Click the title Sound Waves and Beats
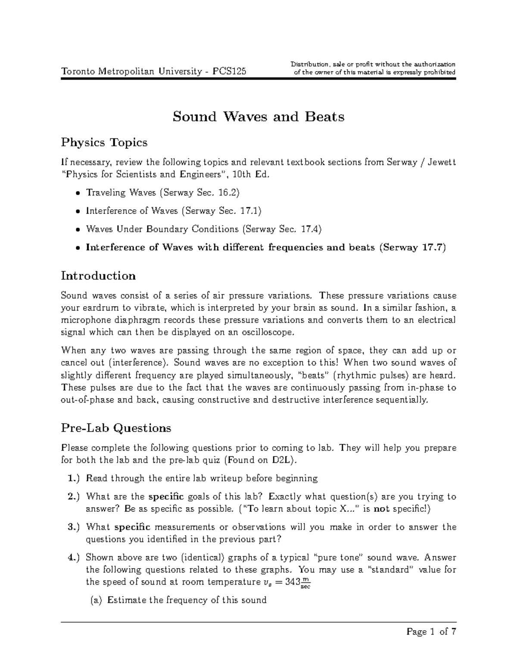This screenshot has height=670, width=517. (x=258, y=117)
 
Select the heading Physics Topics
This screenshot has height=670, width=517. (x=104, y=142)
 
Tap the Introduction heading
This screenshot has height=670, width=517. (x=98, y=276)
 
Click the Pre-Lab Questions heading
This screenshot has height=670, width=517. (x=116, y=428)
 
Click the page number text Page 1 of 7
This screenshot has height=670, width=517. (x=431, y=632)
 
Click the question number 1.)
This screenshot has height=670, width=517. (x=74, y=478)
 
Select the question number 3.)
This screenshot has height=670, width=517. (x=74, y=527)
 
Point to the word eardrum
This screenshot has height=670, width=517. (x=98, y=308)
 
